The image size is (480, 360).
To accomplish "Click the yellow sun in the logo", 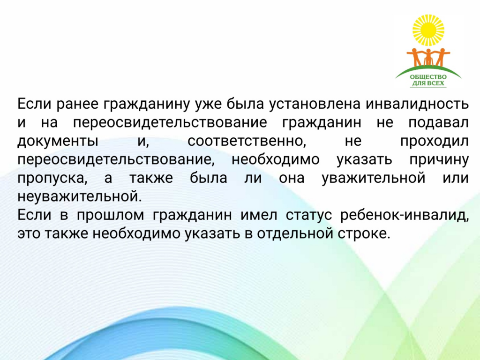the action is tap(428, 30).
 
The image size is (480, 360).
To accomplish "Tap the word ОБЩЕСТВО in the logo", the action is tap(428, 77).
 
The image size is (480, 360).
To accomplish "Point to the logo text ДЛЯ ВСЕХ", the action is tap(428, 83).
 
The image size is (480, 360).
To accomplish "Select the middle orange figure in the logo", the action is tap(428, 57).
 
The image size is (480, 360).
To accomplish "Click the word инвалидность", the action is tap(417, 104).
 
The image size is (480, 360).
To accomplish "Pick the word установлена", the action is tap(315, 105).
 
